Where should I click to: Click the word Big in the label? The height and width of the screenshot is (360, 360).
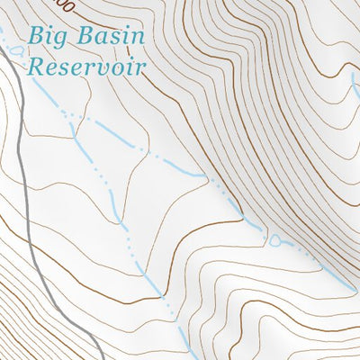click(47, 38)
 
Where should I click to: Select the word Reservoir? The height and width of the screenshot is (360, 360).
click(86, 66)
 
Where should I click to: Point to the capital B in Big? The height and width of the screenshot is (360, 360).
click(36, 37)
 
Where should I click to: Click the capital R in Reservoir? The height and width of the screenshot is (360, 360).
click(36, 66)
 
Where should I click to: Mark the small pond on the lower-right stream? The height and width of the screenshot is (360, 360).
click(274, 240)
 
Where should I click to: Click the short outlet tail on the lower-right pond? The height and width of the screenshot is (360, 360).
click(285, 243)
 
